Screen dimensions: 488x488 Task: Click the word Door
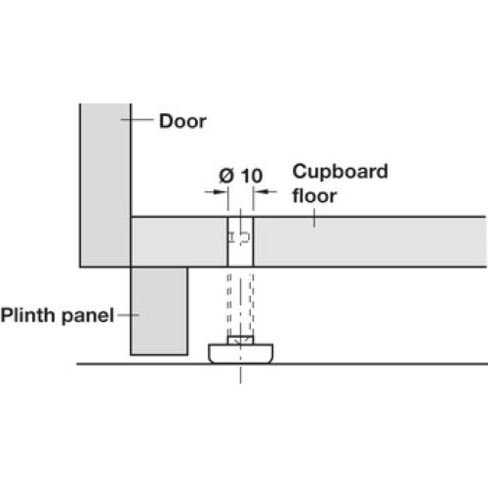click(183, 121)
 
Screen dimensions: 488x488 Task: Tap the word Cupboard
click(340, 172)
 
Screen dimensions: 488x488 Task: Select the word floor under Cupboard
click(314, 195)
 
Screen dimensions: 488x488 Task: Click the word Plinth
click(28, 315)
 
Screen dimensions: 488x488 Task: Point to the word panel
click(88, 316)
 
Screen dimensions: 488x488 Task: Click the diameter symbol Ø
click(226, 176)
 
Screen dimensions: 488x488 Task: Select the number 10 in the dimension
click(252, 176)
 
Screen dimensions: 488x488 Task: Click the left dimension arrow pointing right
click(216, 191)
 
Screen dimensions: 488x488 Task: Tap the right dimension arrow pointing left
click(265, 191)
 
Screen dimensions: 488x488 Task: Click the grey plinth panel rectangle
click(159, 311)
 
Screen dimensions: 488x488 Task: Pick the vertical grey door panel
click(105, 185)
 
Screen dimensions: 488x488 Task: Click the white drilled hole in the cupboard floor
click(240, 242)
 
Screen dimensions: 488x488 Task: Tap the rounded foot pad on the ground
click(240, 353)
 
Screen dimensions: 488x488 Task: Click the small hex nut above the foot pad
click(240, 341)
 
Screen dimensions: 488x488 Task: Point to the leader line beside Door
click(137, 120)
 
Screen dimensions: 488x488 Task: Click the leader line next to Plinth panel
click(128, 315)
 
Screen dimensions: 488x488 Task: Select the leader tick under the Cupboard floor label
click(314, 218)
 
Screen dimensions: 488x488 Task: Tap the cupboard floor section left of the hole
click(180, 242)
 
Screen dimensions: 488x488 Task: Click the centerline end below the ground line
click(240, 384)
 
